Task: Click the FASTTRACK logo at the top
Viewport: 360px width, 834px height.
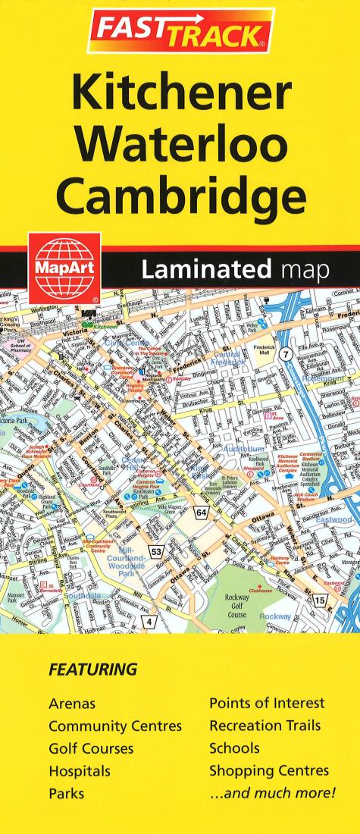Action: (180, 31)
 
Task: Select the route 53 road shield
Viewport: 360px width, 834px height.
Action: (155, 551)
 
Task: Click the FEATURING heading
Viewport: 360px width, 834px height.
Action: (92, 670)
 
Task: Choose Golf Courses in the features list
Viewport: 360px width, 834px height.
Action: (91, 749)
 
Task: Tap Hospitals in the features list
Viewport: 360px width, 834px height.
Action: (80, 772)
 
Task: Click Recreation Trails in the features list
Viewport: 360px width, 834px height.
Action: (265, 726)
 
